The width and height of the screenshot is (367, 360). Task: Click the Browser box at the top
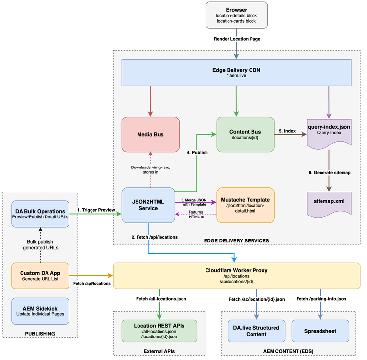tap(237, 15)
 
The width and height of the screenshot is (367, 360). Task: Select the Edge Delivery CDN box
tap(236, 72)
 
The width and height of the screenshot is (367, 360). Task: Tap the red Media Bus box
tap(151, 134)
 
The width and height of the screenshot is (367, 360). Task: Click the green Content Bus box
tap(245, 134)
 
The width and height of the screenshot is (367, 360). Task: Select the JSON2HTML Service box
tap(149, 204)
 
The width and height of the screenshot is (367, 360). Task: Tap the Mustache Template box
tap(245, 204)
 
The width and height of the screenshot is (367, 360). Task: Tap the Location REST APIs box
tap(160, 331)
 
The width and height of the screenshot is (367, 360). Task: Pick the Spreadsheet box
tap(321, 331)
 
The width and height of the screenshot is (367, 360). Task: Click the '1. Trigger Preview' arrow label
tap(96, 210)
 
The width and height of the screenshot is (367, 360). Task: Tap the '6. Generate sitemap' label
tap(328, 172)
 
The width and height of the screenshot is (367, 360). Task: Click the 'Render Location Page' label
tap(237, 39)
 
